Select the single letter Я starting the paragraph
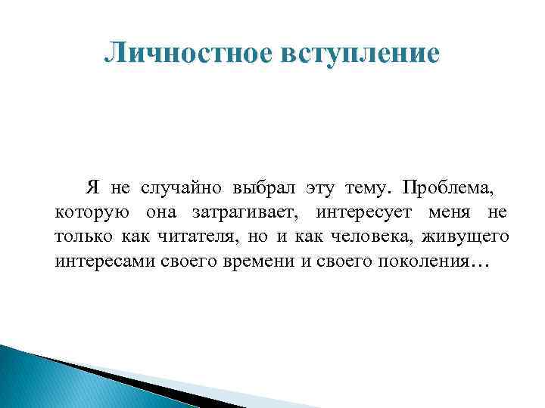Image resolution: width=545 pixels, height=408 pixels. click(x=93, y=187)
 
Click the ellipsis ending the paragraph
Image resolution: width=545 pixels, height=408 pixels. click(x=481, y=266)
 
